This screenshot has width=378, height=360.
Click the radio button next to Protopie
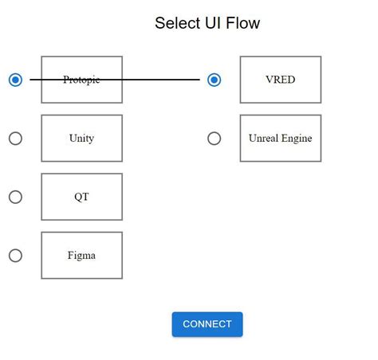(x=15, y=80)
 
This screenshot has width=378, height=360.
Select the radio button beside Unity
(x=15, y=138)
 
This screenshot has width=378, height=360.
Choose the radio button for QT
(x=15, y=197)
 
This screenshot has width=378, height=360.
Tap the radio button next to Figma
(x=15, y=255)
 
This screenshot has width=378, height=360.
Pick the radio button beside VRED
(x=214, y=80)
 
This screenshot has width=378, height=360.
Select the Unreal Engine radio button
(x=214, y=138)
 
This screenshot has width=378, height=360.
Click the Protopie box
(x=81, y=80)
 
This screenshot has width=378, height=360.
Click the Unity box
(x=81, y=138)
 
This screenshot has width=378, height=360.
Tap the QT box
(x=81, y=197)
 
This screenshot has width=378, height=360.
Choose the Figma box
(x=81, y=255)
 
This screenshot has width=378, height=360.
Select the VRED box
(x=280, y=80)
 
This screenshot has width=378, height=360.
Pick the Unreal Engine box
(x=280, y=138)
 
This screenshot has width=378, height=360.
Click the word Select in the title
(x=177, y=23)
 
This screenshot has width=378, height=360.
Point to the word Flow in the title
(x=244, y=23)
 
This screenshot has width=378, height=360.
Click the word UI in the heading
(x=213, y=23)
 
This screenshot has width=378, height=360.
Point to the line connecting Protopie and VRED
(x=159, y=80)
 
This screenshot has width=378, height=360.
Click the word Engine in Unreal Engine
(x=296, y=139)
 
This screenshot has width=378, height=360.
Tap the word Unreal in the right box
(x=263, y=138)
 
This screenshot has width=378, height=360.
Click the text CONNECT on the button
(x=207, y=324)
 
